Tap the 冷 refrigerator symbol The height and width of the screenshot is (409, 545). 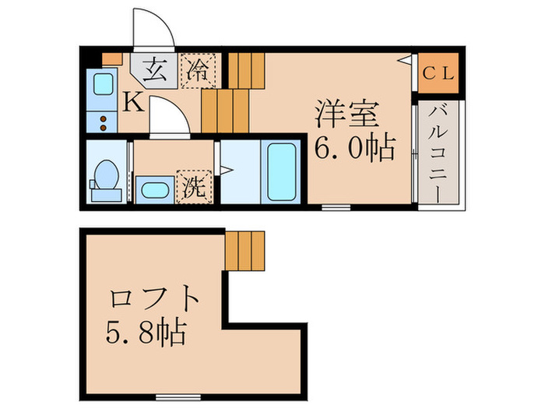tap(199, 70)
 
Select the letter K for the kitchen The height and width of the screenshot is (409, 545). tap(133, 101)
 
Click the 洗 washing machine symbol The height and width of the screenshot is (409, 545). tap(195, 186)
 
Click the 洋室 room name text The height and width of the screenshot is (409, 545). tap(347, 114)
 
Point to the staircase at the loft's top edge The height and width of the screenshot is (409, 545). tap(246, 249)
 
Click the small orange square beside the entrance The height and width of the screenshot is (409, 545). tap(112, 57)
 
